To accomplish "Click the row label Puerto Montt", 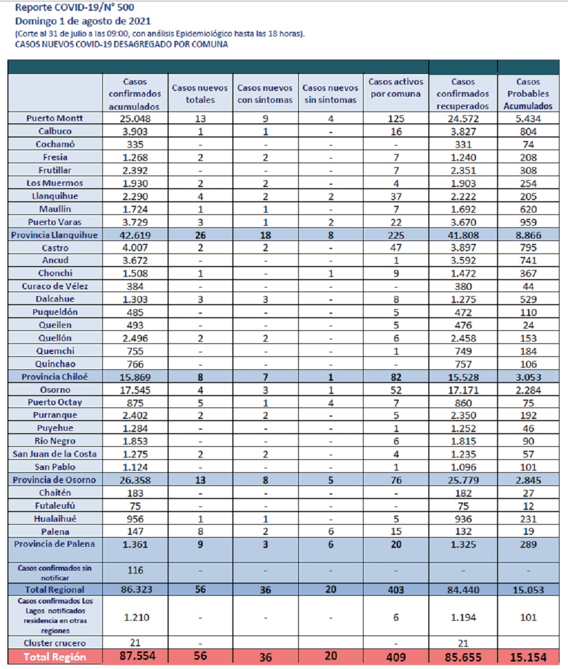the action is [55, 118].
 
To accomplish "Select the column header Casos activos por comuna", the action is [396, 88].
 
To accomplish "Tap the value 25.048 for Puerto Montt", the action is [135, 119].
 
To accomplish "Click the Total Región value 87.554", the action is [137, 656].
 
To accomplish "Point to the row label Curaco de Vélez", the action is [55, 286].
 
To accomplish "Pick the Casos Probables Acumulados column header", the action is [528, 94].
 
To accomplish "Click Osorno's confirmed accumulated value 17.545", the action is [135, 390].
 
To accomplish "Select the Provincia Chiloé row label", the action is [55, 377].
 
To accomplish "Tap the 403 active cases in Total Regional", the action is [396, 590].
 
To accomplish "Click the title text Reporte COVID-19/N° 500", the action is [74, 7].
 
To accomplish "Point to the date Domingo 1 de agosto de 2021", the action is [83, 21].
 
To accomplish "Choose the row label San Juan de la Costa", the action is [55, 454].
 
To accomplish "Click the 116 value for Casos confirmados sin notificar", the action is [135, 571].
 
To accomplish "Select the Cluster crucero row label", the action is [55, 643].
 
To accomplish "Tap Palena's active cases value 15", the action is [396, 531].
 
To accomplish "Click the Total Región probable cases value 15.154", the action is [528, 658].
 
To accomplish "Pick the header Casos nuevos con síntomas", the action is [265, 94].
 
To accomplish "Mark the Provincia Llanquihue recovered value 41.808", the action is [463, 235].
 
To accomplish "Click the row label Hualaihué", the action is [55, 519].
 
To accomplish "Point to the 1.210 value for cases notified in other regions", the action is [136, 617].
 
